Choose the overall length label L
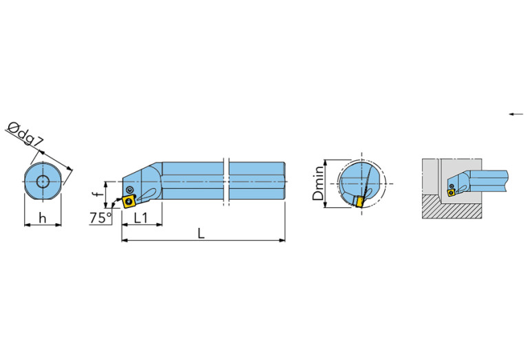click(201, 233)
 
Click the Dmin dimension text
click(317, 184)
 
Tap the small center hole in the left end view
click(43, 182)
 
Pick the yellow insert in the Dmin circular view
click(358, 202)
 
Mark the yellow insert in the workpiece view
click(451, 193)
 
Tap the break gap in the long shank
click(226, 182)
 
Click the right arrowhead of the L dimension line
click(282, 240)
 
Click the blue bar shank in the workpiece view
click(489, 180)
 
